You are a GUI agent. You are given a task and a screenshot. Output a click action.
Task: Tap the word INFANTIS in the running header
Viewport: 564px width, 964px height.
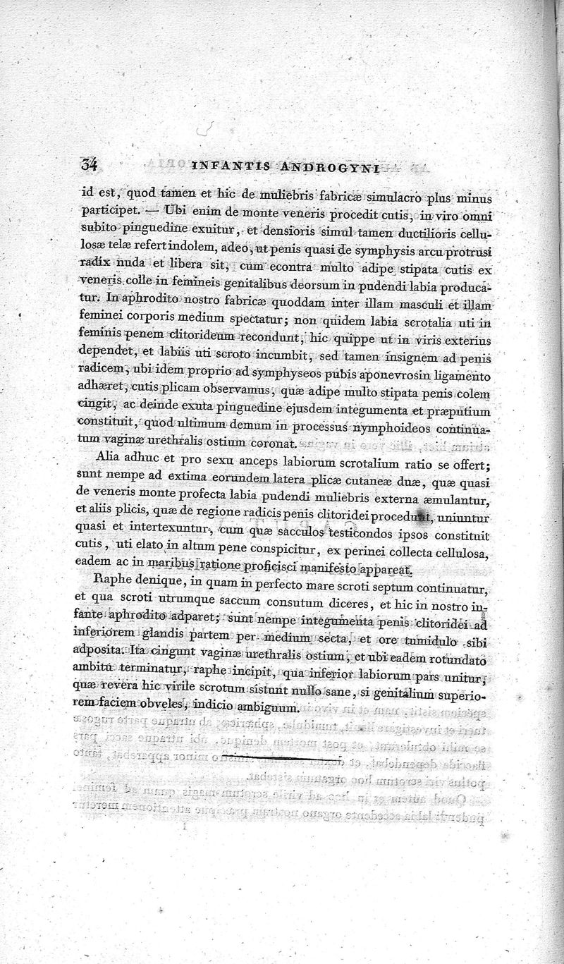(x=229, y=169)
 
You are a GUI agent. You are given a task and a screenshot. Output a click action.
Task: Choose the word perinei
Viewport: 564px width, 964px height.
(x=381, y=551)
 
